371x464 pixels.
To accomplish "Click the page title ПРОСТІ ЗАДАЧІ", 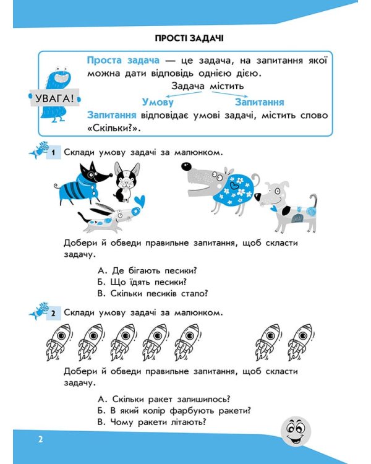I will click(x=186, y=38).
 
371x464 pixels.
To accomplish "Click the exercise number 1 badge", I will click(x=54, y=152).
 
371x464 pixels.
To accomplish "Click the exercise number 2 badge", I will click(x=54, y=312).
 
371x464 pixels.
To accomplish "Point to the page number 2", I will click(x=40, y=440).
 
